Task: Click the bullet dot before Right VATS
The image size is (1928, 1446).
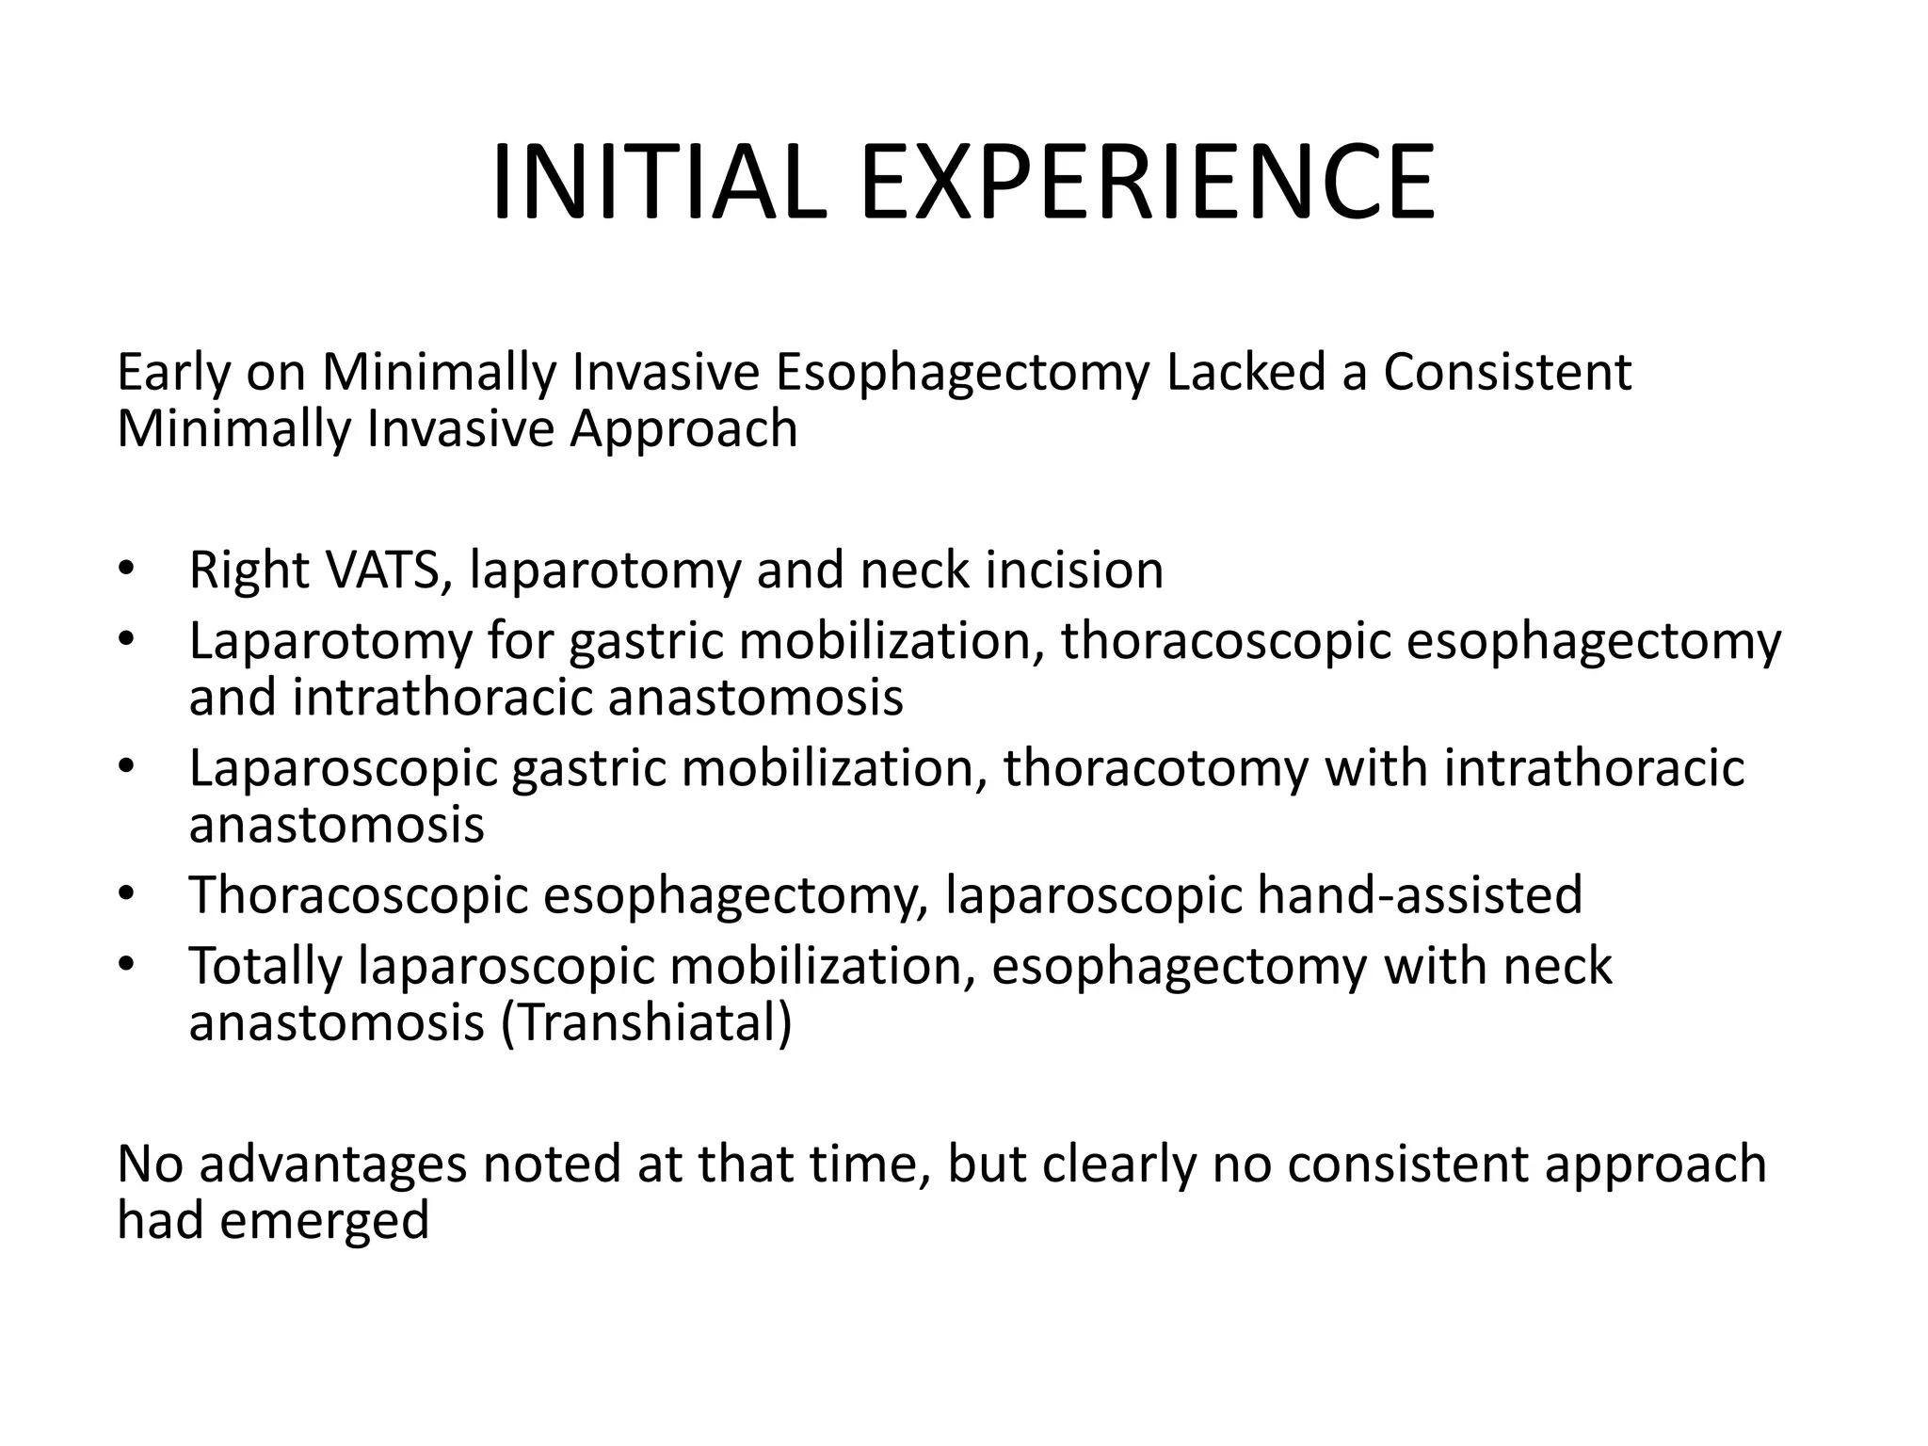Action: [x=127, y=570]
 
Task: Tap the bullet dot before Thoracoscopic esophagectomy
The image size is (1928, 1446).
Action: [x=127, y=894]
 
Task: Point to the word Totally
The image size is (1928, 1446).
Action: [x=265, y=967]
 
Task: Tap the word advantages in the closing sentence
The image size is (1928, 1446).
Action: [x=333, y=1165]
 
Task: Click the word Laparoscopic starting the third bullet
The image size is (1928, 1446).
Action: [x=343, y=769]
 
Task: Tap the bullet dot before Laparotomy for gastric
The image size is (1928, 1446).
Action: [x=127, y=641]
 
